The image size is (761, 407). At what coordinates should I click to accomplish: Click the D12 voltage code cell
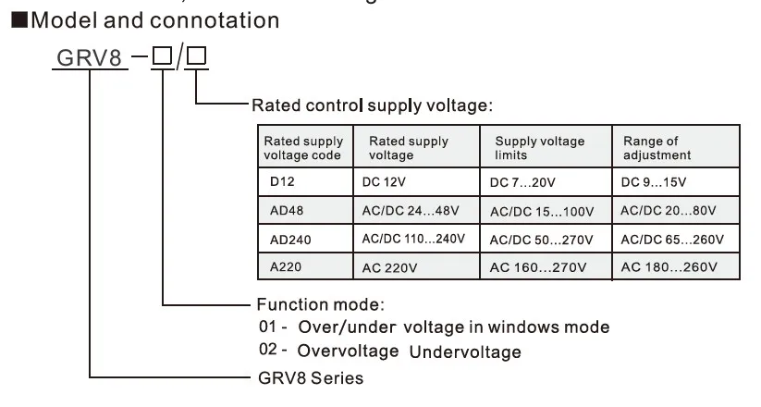tap(282, 181)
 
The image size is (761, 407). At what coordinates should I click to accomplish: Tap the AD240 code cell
tap(290, 239)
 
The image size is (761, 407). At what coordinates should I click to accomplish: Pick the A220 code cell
tap(287, 267)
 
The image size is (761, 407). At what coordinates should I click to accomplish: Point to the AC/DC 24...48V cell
tap(410, 210)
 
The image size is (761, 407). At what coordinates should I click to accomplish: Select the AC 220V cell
tap(388, 267)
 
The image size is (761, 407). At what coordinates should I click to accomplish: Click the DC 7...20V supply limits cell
tap(522, 181)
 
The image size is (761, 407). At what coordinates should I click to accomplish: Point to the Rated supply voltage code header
tap(303, 148)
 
